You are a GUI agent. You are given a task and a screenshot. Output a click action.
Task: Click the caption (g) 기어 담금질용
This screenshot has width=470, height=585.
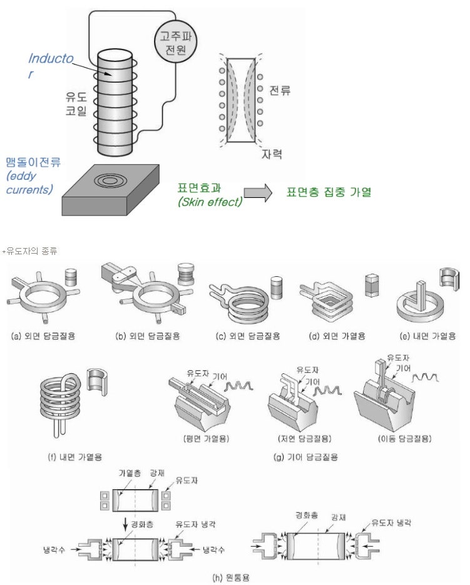[x=301, y=457]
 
